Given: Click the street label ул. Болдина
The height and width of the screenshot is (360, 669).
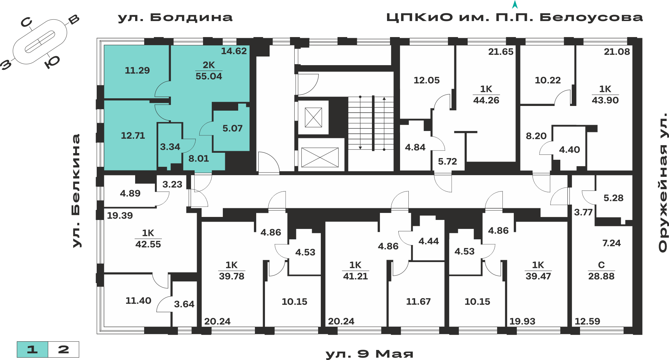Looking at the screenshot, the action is click(175, 17).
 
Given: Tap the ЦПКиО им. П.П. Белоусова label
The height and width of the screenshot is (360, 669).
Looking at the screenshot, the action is click(514, 17).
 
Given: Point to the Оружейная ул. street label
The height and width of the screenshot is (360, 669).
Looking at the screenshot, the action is click(663, 183).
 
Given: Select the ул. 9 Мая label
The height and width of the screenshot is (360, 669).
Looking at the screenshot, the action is click(369, 354).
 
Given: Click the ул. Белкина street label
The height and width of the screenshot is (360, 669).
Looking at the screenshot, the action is click(76, 191).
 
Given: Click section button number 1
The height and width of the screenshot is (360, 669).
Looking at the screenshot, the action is click(32, 350).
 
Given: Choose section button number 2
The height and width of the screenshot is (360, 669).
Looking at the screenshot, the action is click(64, 350).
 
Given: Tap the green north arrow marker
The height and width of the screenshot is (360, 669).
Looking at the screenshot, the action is click(515, 5).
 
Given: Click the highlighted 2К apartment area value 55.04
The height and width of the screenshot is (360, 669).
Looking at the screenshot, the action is click(209, 76).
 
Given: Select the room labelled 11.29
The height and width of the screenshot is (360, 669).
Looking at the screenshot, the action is click(137, 71).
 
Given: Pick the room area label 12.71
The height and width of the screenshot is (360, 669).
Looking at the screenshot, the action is click(133, 136).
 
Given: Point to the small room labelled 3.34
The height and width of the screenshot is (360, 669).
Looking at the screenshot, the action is click(170, 147).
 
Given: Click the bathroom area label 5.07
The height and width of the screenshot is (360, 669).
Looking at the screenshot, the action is click(232, 128).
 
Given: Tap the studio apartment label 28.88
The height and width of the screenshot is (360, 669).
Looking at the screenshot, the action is click(601, 276).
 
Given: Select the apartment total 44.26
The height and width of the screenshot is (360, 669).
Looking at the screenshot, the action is click(486, 100).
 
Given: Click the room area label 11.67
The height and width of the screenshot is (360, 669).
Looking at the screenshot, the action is click(418, 302).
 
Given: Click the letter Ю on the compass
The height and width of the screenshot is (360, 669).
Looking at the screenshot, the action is click(52, 62).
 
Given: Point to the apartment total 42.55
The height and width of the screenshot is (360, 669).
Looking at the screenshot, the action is click(148, 244).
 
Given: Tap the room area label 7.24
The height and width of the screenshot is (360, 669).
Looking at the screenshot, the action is click(611, 243).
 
